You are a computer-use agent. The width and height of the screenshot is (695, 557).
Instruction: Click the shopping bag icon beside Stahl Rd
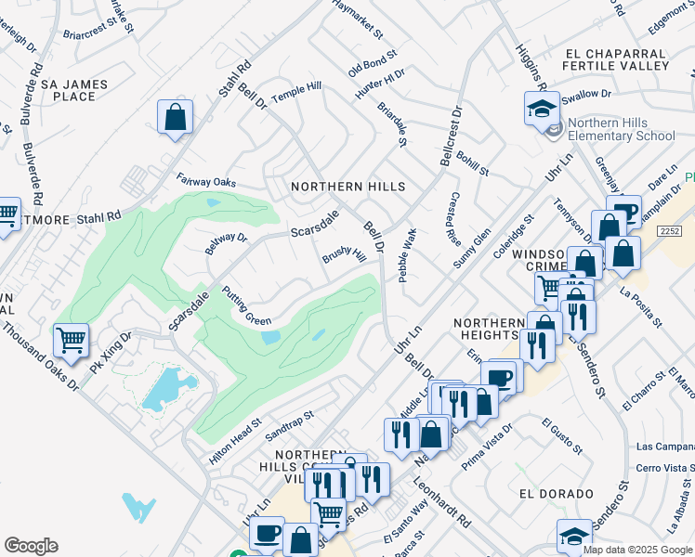[175, 118]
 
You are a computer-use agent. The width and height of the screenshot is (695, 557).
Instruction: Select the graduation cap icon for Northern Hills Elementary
[542, 110]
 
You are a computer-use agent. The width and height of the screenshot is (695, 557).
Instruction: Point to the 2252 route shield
[675, 229]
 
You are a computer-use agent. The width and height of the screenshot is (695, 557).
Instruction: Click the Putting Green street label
[246, 306]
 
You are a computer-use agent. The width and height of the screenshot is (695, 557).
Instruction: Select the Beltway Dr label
[227, 244]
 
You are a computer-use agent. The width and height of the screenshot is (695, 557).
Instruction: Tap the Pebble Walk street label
[405, 263]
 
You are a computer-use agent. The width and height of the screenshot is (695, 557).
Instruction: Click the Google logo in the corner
[31, 546]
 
